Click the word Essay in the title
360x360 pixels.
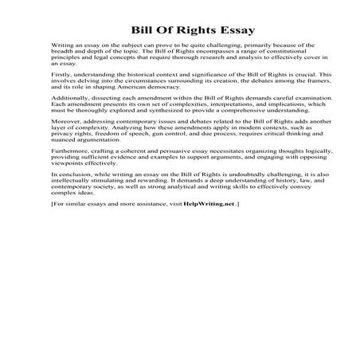234,31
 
